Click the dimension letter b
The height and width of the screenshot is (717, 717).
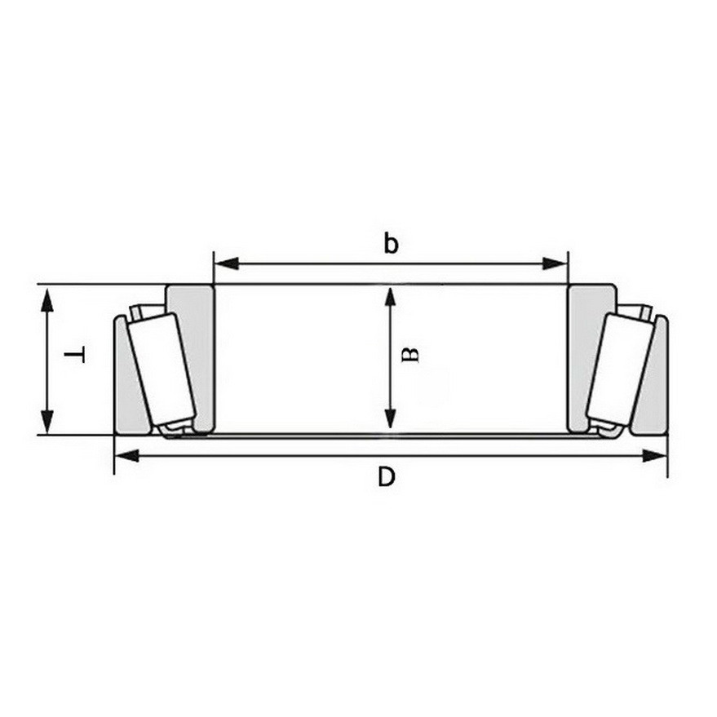[391, 243]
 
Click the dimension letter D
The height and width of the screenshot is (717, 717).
[387, 477]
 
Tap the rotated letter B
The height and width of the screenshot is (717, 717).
[410, 355]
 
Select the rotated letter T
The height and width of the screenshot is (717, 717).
[74, 354]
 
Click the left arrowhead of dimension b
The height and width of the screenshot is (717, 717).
[226, 263]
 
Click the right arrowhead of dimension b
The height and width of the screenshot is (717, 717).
[555, 263]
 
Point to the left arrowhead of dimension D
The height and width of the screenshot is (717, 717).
[126, 455]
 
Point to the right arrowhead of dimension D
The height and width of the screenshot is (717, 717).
[655, 455]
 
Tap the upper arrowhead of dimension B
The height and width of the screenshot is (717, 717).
[390, 298]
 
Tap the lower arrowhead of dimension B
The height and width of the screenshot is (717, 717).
[390, 418]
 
